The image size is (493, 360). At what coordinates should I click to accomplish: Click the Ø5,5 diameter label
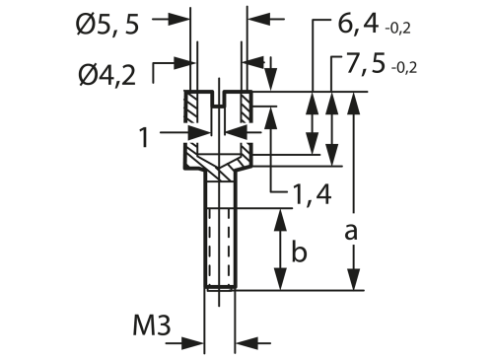(x=107, y=25)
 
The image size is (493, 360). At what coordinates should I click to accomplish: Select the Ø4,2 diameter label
(x=107, y=75)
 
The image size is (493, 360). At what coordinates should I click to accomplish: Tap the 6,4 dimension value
(x=358, y=24)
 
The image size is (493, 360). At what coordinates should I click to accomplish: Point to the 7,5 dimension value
(x=365, y=63)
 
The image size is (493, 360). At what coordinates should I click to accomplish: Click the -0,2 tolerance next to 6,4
(x=397, y=29)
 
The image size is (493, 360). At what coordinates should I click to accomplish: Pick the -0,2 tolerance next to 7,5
(x=404, y=68)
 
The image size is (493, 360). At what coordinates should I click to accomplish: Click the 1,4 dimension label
(x=312, y=195)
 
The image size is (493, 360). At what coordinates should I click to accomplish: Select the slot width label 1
(x=144, y=137)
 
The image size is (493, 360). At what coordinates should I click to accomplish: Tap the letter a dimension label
(x=351, y=232)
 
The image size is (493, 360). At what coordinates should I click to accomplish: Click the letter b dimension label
(x=299, y=252)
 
